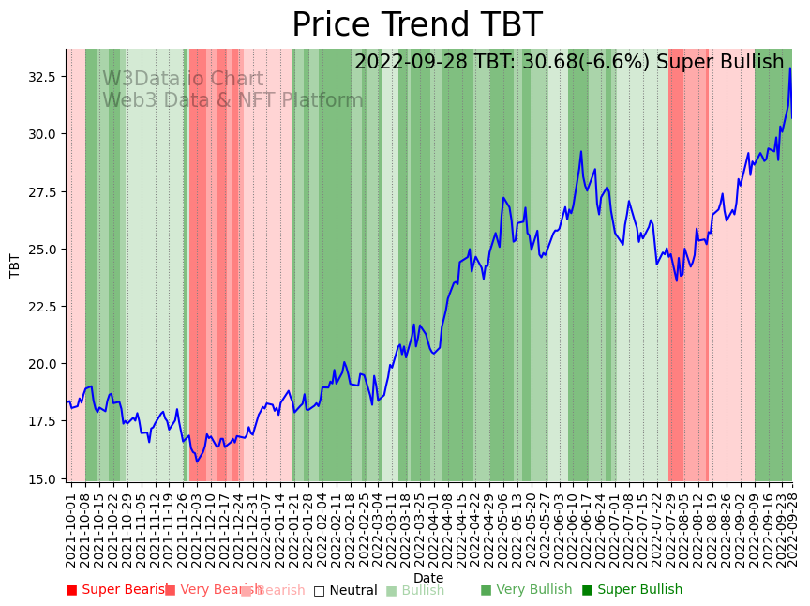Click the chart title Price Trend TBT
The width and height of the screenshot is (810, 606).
416,25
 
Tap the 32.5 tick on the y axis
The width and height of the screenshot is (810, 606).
42,76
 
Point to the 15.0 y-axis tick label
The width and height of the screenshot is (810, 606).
42,478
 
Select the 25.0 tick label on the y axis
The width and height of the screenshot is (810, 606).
42,249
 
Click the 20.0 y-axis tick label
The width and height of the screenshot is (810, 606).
42,364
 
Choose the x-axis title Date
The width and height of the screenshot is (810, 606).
428,578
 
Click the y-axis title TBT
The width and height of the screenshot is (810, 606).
15,265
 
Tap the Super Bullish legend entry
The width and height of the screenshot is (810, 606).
633,590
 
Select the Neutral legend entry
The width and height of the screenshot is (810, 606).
346,591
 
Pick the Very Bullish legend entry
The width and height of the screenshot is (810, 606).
526,590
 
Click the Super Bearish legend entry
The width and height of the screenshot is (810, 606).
118,590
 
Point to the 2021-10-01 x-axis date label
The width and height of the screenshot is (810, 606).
70,525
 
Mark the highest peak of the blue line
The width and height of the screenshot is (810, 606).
790,68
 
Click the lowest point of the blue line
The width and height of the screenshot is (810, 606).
197,461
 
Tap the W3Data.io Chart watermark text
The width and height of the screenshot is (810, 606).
183,79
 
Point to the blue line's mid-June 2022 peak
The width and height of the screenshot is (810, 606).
581,151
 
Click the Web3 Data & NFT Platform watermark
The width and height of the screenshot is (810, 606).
232,100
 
